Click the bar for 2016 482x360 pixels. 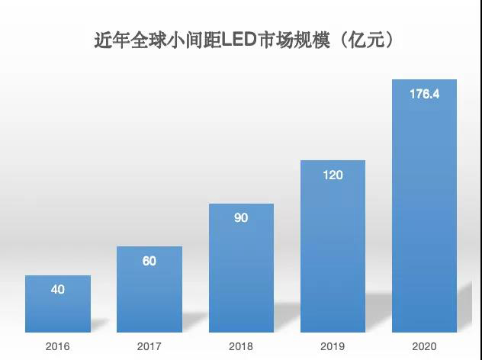58,304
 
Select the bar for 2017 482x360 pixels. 149,289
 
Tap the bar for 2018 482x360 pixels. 241,268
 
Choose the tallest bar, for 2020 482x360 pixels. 424,206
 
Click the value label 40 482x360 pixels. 58,290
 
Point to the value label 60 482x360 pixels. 149,261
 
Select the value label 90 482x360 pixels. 241,218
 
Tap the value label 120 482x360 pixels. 333,175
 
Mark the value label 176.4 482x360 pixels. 424,95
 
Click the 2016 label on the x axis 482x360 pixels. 58,346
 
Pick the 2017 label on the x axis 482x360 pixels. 149,346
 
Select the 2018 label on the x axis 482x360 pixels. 241,346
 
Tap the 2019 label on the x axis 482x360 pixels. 333,346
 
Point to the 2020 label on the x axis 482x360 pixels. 424,346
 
